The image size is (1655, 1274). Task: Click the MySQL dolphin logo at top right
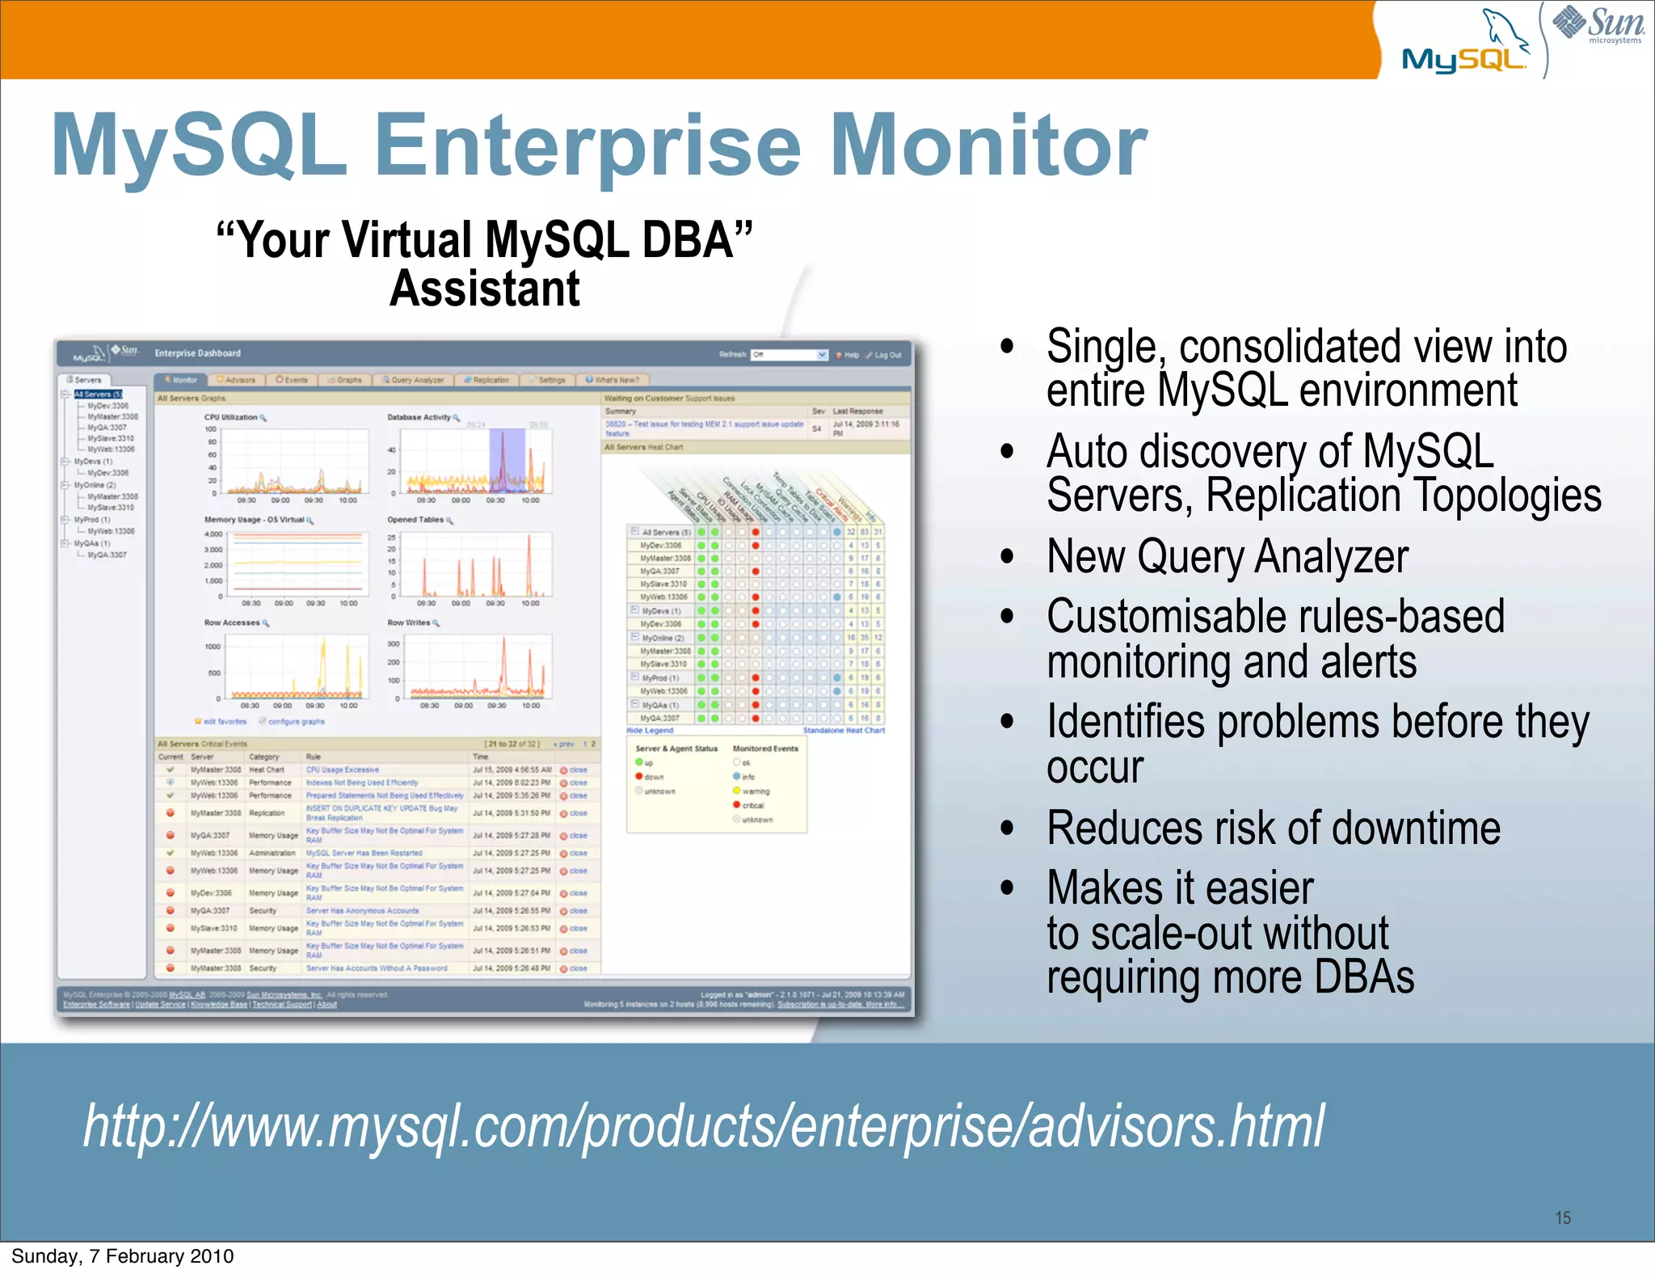1464,44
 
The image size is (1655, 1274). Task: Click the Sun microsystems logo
1598,24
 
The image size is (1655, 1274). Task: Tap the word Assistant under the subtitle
484,289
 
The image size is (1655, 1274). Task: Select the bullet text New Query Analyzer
1227,557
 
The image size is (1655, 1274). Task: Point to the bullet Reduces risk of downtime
1273,829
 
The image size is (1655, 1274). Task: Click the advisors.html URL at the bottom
703,1126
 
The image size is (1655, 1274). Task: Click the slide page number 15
1563,1217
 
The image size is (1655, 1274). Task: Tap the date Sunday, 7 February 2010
122,1256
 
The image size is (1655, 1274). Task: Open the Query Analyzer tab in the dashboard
413,380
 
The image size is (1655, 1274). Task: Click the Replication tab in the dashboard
486,380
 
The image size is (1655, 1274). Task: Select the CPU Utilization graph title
231,418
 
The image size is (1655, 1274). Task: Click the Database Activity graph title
419,418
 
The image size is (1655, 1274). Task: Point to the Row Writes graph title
409,622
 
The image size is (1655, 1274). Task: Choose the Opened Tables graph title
415,520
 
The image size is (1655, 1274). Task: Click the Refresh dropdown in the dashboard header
789,355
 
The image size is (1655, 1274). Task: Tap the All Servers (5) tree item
98,394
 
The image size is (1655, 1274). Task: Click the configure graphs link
295,721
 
